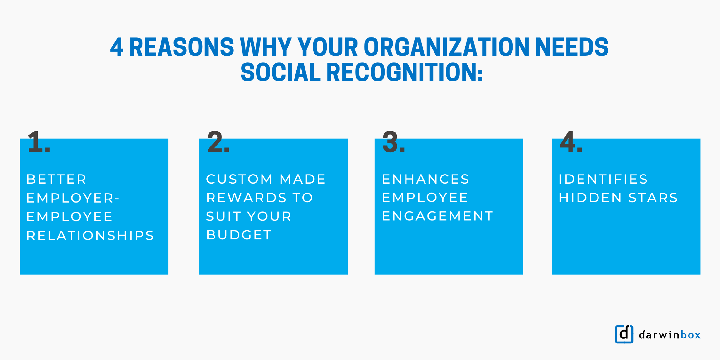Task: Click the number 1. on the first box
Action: point(39,142)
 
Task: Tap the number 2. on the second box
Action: point(218,142)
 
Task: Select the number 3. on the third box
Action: point(393,142)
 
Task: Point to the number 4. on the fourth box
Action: point(571,142)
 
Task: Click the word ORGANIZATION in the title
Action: point(446,47)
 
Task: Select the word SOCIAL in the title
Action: point(281,73)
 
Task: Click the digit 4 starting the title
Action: point(117,47)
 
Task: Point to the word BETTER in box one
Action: point(56,179)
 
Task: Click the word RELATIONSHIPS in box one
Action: point(90,235)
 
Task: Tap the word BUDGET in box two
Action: point(239,235)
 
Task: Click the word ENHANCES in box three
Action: point(425,179)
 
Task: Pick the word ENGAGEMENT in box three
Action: point(438,216)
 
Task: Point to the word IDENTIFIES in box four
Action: point(603,179)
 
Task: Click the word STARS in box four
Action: point(653,198)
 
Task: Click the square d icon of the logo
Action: point(624,334)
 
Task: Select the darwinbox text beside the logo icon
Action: point(670,335)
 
